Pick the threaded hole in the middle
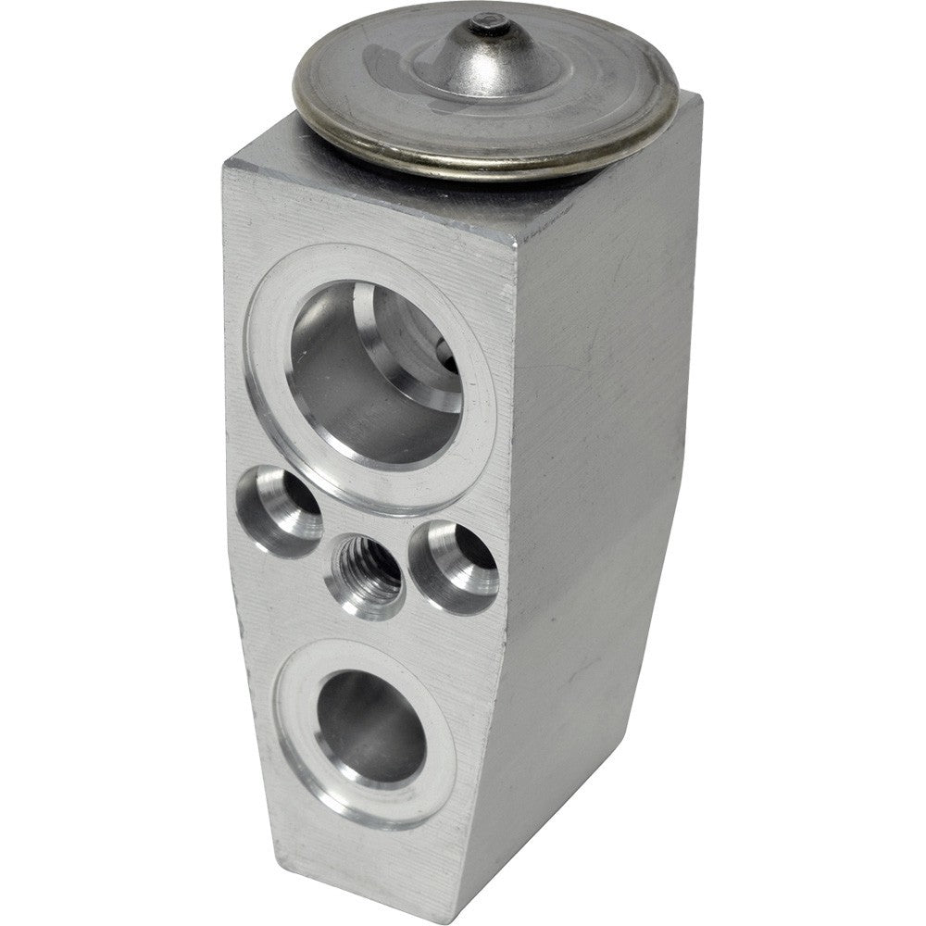coord(368,568)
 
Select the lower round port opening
coord(370,727)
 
